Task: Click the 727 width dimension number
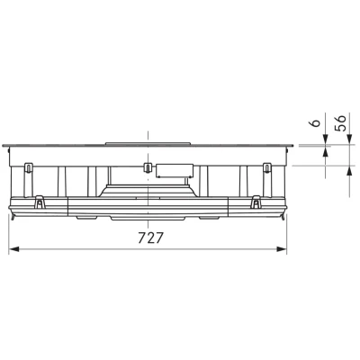click(x=151, y=238)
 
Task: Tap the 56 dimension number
click(x=341, y=122)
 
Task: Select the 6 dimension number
click(x=315, y=123)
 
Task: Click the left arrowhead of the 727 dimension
click(x=13, y=249)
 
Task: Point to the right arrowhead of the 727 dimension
click(x=282, y=249)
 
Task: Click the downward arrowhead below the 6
click(x=325, y=139)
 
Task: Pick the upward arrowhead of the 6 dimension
click(x=325, y=151)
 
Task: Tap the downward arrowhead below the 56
click(x=350, y=139)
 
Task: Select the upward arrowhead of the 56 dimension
click(x=350, y=171)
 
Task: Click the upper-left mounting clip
click(x=28, y=167)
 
